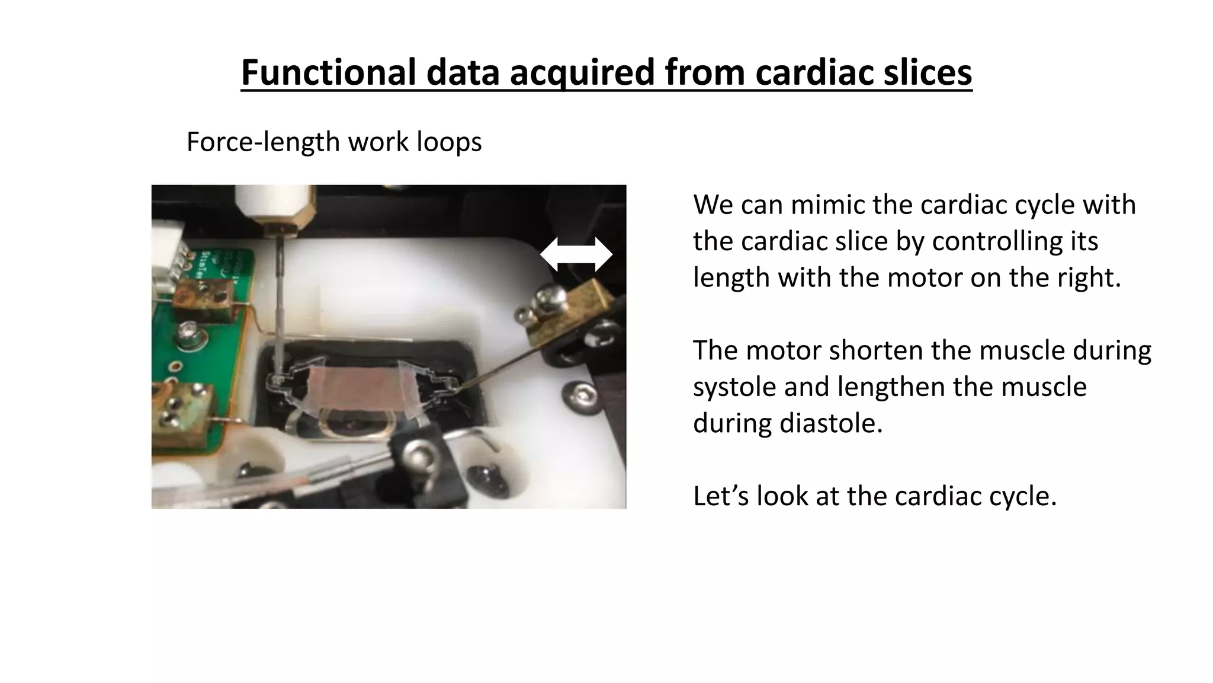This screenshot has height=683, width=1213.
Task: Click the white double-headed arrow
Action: pyautogui.click(x=576, y=255)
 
